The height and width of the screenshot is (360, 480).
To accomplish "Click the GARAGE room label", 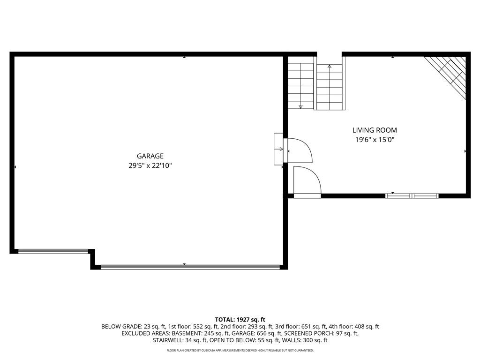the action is click(x=150, y=156).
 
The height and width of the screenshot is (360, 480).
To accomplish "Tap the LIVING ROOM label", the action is click(x=375, y=130).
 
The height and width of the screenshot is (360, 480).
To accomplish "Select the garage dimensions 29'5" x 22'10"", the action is click(x=150, y=166).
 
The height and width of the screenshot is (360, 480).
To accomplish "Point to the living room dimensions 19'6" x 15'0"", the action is click(x=375, y=140).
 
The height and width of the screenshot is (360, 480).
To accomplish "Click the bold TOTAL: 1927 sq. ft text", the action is click(x=240, y=320).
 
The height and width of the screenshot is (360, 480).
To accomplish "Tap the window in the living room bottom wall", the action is click(x=412, y=196).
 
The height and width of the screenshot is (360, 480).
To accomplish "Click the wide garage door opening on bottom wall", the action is click(x=190, y=267).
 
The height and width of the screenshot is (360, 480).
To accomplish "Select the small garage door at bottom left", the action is click(x=53, y=251).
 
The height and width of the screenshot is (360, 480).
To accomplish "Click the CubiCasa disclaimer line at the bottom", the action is click(x=240, y=350).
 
